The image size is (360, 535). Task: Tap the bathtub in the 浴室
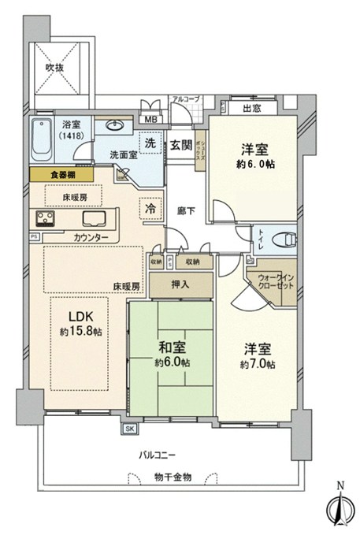[x=44, y=140]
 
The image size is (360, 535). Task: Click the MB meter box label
[x=150, y=121]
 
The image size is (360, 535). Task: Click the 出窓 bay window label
[x=252, y=109]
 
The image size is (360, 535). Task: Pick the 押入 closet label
[x=180, y=284]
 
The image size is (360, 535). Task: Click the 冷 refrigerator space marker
[x=150, y=209]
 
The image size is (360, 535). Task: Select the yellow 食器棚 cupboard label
[x=60, y=175]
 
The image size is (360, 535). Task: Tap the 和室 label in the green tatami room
[x=171, y=347]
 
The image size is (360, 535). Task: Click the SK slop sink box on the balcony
[x=129, y=428]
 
